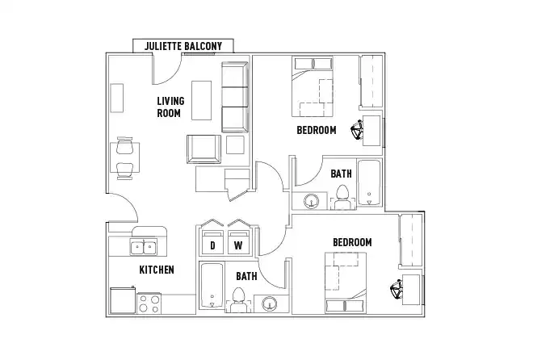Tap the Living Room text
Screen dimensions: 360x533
170,107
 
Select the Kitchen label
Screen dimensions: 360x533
157,269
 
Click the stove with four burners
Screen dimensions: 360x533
149,303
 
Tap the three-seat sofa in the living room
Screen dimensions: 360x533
234,96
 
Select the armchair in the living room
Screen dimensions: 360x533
203,148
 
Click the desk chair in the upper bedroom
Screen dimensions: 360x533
357,129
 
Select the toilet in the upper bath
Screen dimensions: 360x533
342,196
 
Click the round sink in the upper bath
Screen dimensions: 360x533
312,201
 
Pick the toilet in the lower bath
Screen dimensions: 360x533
238,302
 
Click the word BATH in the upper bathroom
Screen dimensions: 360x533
341,173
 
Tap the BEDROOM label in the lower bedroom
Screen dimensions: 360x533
351,242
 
